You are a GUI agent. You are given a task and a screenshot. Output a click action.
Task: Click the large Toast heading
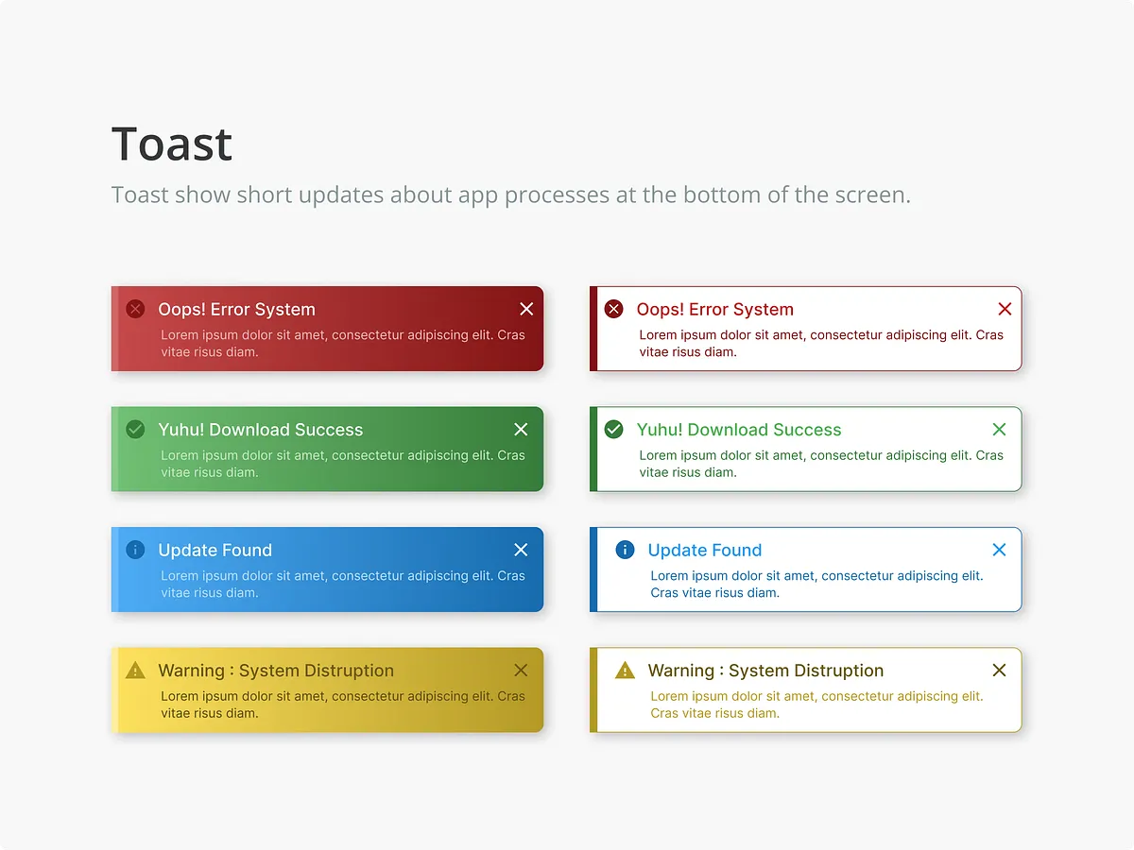172,144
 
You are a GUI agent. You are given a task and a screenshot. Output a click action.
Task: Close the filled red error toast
526,309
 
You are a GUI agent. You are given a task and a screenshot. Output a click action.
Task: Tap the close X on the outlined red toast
1005,309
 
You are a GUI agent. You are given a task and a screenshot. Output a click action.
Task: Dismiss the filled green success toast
521,430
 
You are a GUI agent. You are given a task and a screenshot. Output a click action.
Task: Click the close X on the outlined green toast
999,430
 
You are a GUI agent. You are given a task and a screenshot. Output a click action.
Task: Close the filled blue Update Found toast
521,550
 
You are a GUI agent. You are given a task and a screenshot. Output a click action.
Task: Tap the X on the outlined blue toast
999,550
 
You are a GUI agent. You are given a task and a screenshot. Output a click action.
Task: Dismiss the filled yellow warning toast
521,670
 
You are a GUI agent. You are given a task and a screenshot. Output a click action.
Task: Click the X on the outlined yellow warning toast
999,670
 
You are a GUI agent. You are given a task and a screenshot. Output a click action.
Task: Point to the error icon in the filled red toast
135,309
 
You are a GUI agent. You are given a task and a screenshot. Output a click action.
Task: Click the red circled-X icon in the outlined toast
613,309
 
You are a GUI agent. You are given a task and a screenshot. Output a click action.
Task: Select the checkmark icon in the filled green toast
135,430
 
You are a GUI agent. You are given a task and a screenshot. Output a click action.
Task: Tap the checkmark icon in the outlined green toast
613,430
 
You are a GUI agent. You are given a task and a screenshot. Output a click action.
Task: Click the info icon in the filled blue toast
135,550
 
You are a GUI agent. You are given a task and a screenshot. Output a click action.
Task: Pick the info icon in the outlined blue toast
626,550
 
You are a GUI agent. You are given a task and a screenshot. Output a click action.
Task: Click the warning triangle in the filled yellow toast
135,670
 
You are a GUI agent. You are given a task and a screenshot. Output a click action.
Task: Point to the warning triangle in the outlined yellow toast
626,670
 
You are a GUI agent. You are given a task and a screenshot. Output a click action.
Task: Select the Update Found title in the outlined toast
705,551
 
